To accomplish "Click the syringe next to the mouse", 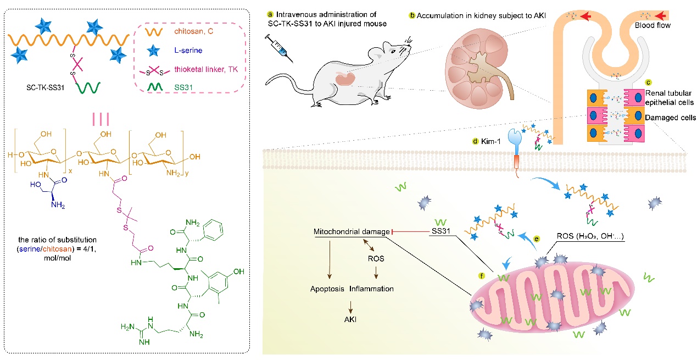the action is click(x=279, y=48).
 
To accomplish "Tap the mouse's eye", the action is click(x=394, y=51).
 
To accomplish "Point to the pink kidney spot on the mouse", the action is click(x=345, y=79).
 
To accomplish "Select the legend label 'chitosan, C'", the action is click(x=193, y=31).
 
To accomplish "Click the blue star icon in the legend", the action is click(x=153, y=51).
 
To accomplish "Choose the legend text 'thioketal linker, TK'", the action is click(x=205, y=69).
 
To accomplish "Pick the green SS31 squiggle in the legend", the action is click(x=155, y=87).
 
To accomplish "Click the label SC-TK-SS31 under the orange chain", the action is click(x=45, y=88).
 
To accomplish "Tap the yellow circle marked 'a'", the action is click(x=270, y=14).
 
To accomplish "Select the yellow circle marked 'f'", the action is click(x=481, y=276).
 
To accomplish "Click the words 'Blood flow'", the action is click(x=653, y=25).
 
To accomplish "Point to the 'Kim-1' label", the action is click(x=490, y=142).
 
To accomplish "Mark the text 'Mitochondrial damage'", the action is click(x=352, y=232).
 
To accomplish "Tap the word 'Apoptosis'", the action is click(x=327, y=289).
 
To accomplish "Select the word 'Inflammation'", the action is click(x=371, y=289).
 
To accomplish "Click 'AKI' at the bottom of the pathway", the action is click(x=350, y=319).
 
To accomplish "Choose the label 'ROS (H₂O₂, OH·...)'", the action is click(x=590, y=236).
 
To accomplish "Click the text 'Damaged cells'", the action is click(x=670, y=118).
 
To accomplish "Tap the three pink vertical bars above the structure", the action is click(x=101, y=119).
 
